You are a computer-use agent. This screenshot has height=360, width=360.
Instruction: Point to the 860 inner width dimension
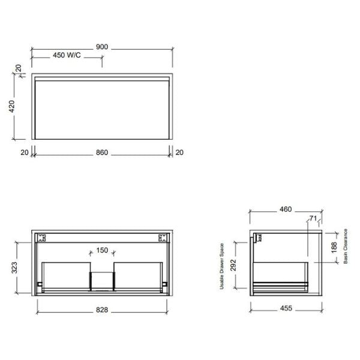coord(102,153)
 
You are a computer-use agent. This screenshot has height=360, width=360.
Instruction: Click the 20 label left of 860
coord(25,153)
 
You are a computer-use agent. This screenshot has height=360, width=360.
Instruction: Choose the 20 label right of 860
coord(179,153)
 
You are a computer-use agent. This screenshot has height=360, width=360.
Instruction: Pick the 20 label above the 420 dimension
coord(19,68)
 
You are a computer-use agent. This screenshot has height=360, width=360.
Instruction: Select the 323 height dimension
coord(14,268)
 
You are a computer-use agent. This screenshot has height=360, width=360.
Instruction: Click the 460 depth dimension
coord(286,209)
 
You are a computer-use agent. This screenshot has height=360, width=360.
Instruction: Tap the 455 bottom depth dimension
coord(286,309)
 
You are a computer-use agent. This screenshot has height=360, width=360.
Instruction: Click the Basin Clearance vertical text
coord(346,246)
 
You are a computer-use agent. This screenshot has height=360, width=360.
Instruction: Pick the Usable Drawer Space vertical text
coord(221,266)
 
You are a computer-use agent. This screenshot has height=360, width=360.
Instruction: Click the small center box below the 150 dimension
coord(101,280)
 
